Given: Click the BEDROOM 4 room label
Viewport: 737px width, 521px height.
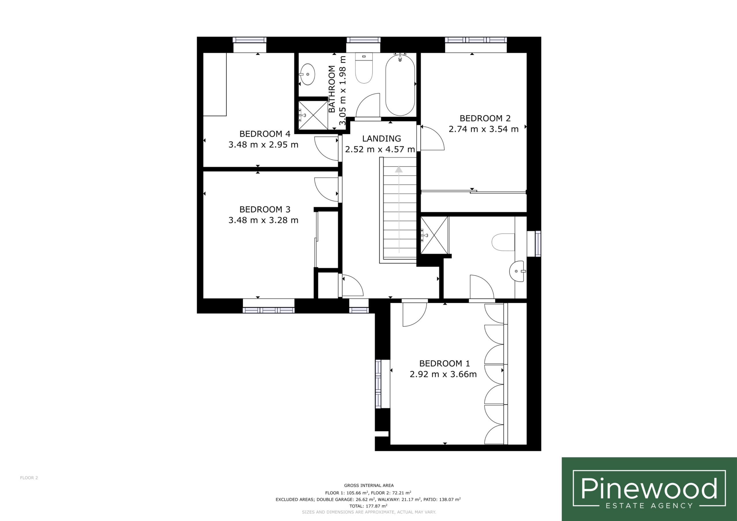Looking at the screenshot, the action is click(x=265, y=134).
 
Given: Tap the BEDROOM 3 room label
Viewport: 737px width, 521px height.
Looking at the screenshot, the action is click(x=265, y=210).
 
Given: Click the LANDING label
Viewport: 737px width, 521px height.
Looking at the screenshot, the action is click(x=382, y=139).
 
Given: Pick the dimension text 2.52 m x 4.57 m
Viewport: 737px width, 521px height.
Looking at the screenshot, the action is click(x=380, y=149).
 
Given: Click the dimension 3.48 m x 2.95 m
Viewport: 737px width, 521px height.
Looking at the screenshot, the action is click(x=263, y=145).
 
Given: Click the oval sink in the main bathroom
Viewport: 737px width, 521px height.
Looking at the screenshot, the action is click(x=307, y=74).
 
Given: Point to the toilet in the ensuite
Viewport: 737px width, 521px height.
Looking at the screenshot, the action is click(x=503, y=242).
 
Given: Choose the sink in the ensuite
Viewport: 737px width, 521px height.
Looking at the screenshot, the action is click(x=517, y=271).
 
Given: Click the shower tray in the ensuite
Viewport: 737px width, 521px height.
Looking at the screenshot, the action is click(x=434, y=235).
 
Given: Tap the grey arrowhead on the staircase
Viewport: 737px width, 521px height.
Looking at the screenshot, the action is click(x=399, y=169).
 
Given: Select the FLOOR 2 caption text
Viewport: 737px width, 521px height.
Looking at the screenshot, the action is click(x=29, y=478).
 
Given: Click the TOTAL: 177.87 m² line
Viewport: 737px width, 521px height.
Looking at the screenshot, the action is click(x=368, y=506).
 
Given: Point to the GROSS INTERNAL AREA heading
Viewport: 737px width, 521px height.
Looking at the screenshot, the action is click(x=369, y=485).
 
